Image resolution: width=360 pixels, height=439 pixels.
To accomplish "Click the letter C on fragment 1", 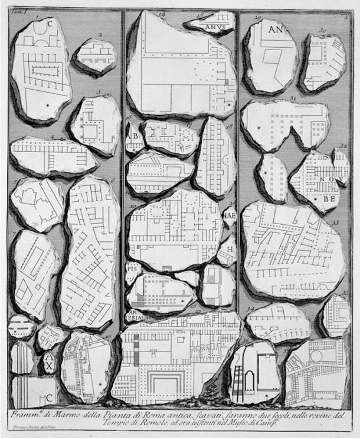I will [x=50, y=24].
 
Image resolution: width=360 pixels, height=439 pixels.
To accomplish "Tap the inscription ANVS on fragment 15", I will [x=214, y=27].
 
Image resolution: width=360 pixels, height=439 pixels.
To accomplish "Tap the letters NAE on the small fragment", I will [x=229, y=216].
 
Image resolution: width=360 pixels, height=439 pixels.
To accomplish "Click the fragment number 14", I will [x=161, y=12].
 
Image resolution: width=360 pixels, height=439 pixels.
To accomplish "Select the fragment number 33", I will [x=335, y=223].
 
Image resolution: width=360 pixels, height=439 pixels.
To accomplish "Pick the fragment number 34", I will [x=252, y=308].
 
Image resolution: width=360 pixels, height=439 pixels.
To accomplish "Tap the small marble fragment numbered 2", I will [x=95, y=56].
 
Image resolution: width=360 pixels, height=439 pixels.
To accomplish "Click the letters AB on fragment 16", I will [x=132, y=134].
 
